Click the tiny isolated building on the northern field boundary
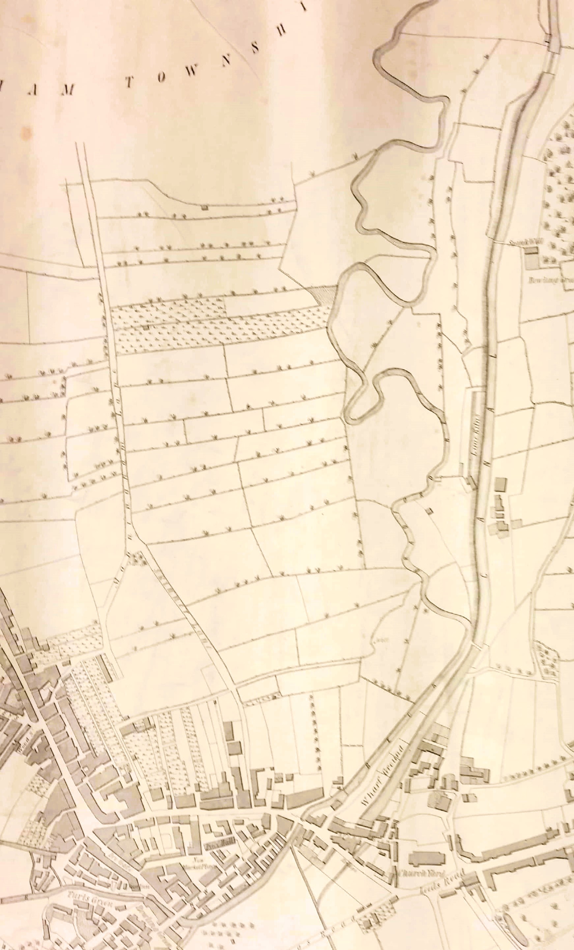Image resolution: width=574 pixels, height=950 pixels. [205, 207]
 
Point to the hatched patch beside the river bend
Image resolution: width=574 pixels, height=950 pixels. [323, 295]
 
